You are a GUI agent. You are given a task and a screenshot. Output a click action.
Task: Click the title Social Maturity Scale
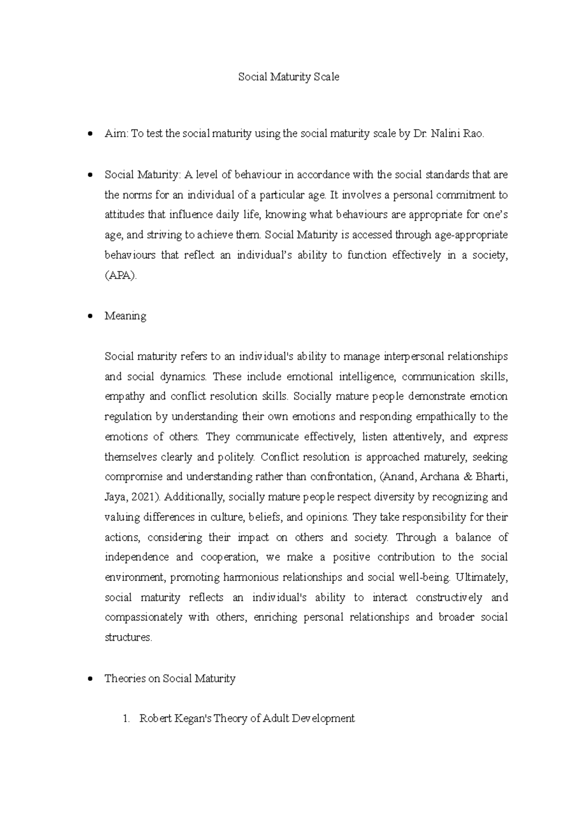(x=289, y=77)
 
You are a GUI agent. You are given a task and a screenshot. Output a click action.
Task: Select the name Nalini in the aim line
(x=446, y=134)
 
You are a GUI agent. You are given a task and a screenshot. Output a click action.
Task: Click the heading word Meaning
(x=125, y=316)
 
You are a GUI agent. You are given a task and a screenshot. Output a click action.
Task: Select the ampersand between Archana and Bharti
(x=466, y=477)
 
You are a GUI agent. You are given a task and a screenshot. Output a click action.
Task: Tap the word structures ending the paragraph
(x=128, y=637)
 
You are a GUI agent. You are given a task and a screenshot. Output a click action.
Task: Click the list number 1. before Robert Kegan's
(x=126, y=719)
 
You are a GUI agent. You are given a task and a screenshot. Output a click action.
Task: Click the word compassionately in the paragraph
(x=143, y=618)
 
